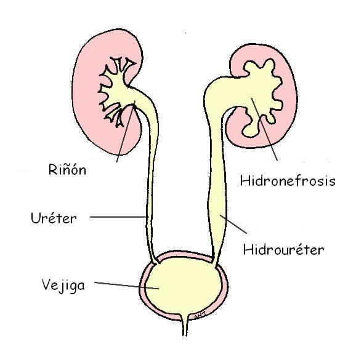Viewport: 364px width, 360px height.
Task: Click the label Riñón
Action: (x=68, y=168)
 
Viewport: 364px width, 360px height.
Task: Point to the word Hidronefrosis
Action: (x=287, y=181)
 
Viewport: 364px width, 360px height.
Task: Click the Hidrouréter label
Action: (x=283, y=250)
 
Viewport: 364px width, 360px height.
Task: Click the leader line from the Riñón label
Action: (x=123, y=135)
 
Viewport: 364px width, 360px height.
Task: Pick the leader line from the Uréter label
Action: (x=117, y=217)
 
